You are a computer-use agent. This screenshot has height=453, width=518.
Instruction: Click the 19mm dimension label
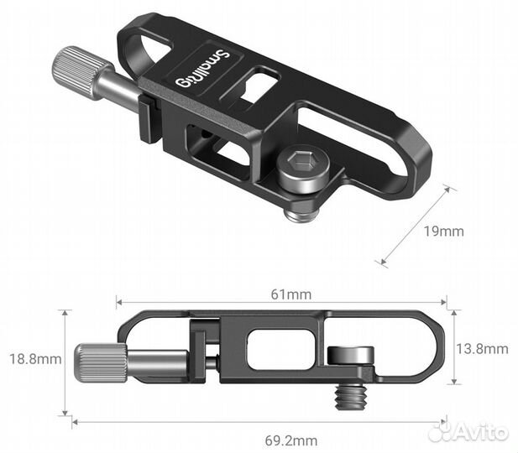[x=446, y=231]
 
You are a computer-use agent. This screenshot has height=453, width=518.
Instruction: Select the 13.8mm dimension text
[x=484, y=348]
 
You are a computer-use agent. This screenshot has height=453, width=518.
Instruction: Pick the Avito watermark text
[x=482, y=432]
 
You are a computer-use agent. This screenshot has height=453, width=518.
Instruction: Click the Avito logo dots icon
[x=440, y=432]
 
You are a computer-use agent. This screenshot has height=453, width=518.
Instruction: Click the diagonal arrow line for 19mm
[x=416, y=226]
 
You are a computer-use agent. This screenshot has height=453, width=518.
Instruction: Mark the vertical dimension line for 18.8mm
[x=65, y=362]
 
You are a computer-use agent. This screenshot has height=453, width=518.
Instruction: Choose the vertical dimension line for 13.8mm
[x=453, y=348]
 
